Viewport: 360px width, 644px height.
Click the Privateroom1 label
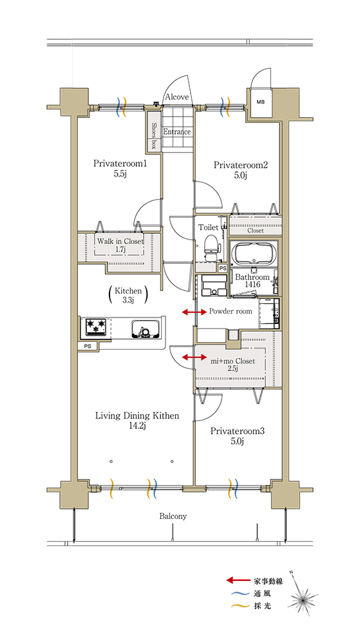(x=120, y=164)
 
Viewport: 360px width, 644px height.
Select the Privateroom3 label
(x=237, y=431)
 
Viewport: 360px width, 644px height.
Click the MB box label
(x=261, y=102)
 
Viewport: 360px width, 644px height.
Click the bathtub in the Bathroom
(x=254, y=253)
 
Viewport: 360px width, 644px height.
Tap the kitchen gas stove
(x=96, y=327)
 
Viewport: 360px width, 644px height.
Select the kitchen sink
(x=146, y=328)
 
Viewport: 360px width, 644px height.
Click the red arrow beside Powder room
(x=194, y=312)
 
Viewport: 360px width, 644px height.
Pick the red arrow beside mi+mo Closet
(x=194, y=357)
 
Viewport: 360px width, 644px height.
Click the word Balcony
(x=173, y=516)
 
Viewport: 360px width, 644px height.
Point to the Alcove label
(x=177, y=97)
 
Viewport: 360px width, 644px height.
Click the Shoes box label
(x=155, y=136)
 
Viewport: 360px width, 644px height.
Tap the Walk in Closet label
(x=120, y=241)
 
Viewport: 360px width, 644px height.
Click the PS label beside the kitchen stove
(x=88, y=346)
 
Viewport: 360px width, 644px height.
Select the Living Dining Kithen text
(x=137, y=416)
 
